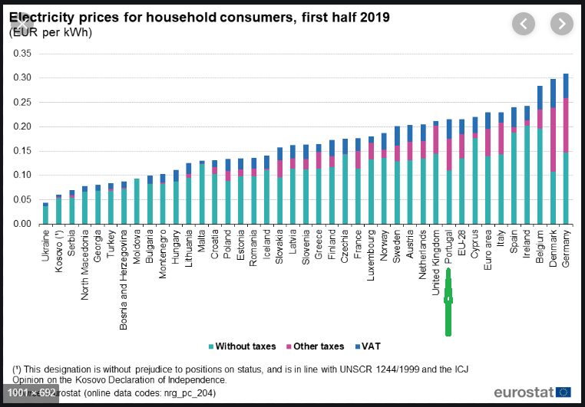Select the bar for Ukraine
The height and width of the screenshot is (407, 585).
tap(45, 214)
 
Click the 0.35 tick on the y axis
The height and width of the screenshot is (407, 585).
tap(21, 54)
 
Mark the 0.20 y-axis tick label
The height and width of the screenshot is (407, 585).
tap(21, 126)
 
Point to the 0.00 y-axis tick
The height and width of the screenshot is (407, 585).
tap(21, 224)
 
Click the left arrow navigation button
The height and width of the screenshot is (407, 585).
tap(524, 24)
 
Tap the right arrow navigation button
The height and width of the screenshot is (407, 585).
tap(562, 24)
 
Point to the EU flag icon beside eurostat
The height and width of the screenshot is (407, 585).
tap(564, 392)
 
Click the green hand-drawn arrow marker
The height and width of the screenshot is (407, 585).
tap(448, 303)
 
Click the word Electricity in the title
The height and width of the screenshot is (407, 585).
tap(45, 17)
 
